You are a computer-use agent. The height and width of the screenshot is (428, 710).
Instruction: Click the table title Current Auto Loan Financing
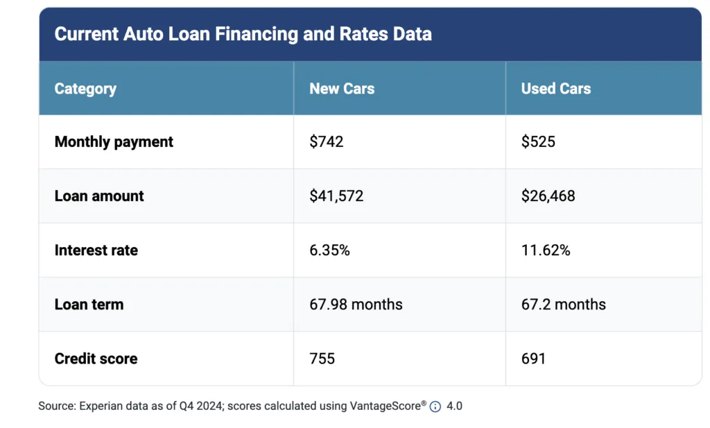tap(243, 34)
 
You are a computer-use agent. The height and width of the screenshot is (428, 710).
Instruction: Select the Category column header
tap(85, 89)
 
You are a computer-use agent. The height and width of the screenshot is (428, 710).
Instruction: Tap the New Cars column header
tap(342, 89)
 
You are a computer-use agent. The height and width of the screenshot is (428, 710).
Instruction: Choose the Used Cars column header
tap(556, 89)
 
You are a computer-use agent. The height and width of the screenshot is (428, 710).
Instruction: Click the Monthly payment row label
tap(114, 142)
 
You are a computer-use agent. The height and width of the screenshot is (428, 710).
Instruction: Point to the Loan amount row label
tap(99, 196)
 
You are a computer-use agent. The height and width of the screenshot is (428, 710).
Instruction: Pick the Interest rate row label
tap(96, 250)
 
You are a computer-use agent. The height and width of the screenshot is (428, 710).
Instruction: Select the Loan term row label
tap(89, 305)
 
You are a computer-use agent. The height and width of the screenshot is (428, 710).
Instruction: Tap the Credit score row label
tap(96, 359)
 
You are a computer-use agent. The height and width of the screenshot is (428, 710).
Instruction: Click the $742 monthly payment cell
tap(327, 142)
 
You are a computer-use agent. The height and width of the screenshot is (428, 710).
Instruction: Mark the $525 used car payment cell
tap(538, 142)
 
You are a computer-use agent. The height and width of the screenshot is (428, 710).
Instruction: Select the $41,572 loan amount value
tap(336, 196)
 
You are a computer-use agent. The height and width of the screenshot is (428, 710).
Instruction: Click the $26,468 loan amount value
tap(548, 196)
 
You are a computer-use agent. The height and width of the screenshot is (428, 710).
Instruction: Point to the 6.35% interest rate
tap(329, 250)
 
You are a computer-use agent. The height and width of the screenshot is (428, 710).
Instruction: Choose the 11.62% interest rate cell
tap(546, 250)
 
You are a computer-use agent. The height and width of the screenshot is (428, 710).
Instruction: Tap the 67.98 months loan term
tap(356, 305)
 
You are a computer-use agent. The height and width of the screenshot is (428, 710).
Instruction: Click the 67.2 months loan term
tap(563, 305)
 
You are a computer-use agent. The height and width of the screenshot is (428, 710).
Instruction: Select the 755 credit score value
tap(322, 359)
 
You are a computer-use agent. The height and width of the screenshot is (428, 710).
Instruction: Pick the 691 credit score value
tap(533, 359)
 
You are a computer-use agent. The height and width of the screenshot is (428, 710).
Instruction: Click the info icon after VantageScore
tap(435, 407)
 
